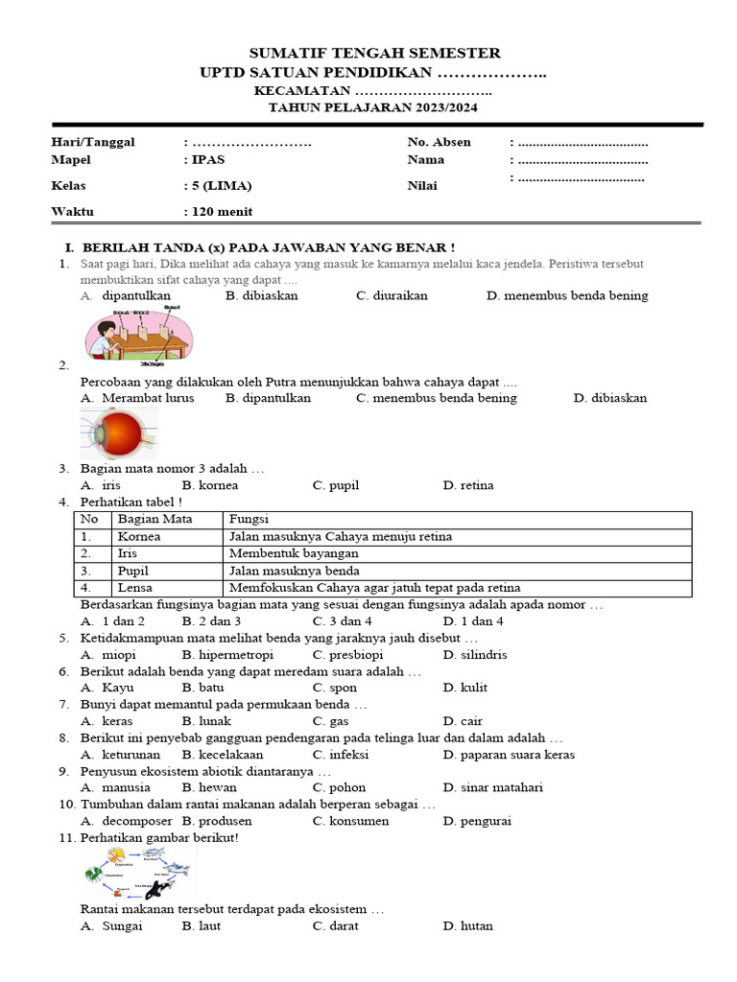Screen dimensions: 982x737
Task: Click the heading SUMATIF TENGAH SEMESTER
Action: point(374,53)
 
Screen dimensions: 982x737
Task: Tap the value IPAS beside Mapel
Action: point(208,159)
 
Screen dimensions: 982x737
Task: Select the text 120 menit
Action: point(222,212)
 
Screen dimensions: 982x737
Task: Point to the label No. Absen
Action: point(439,142)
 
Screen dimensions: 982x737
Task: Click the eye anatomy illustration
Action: point(118,433)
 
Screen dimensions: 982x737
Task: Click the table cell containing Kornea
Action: point(139,536)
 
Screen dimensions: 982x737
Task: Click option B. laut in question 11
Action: point(202,925)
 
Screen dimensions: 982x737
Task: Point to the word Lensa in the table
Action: point(134,587)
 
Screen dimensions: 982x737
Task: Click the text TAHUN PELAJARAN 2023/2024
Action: point(372,107)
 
